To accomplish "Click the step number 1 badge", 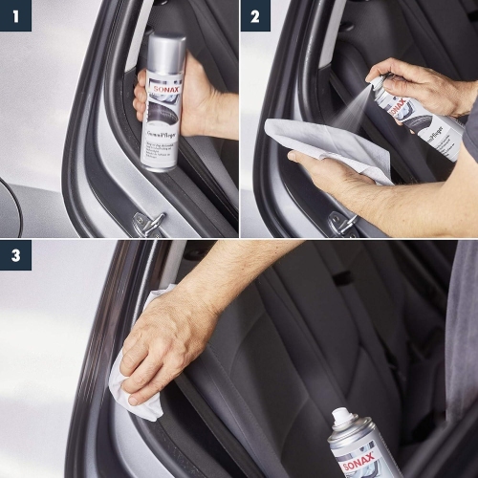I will click(x=15, y=15).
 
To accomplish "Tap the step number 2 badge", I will click(x=255, y=15).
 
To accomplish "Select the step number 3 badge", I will click(x=15, y=256).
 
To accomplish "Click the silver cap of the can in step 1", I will click(x=167, y=54).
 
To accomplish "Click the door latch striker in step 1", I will click(x=148, y=222).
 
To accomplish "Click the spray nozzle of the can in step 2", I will click(x=379, y=84).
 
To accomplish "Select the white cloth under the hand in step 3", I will click(x=134, y=392).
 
